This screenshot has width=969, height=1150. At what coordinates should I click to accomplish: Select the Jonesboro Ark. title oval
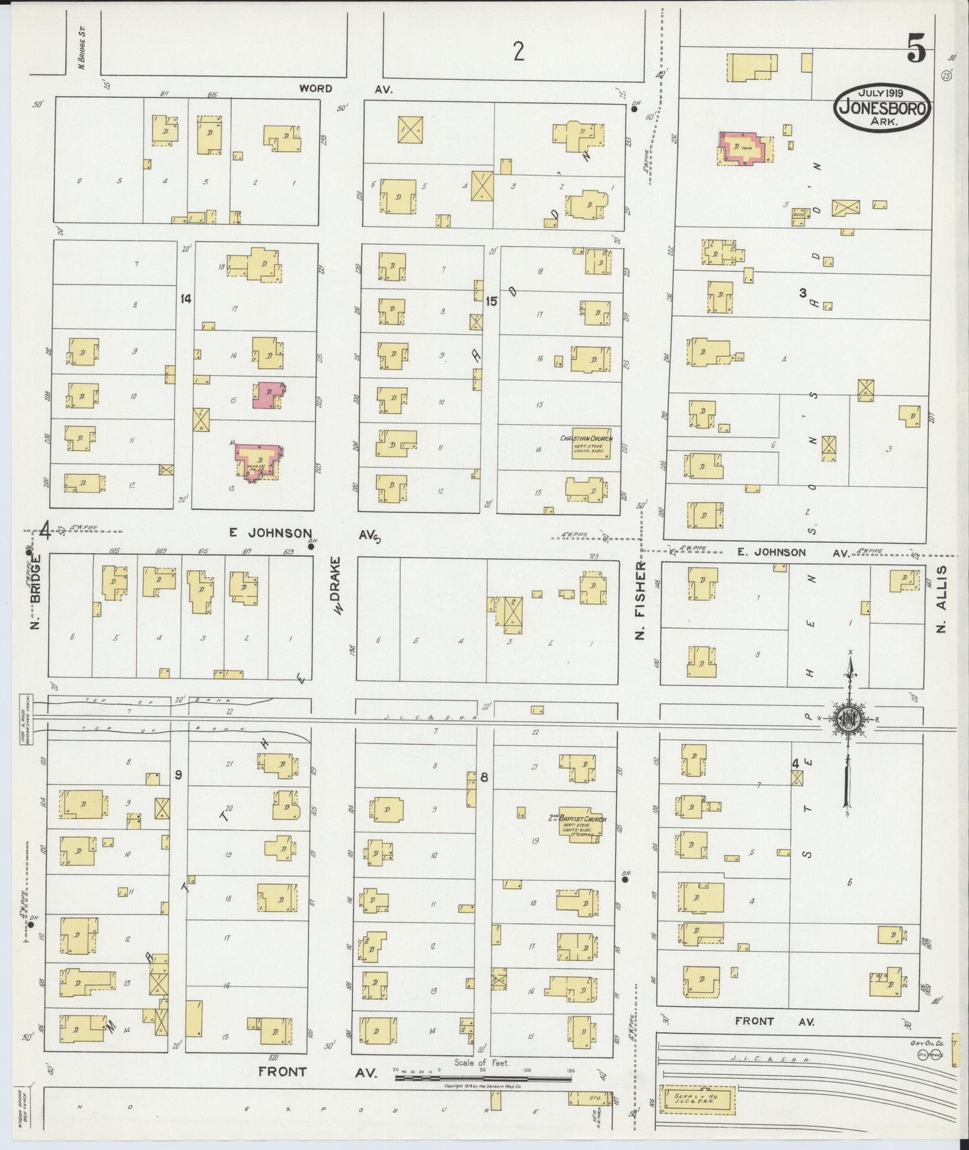882,105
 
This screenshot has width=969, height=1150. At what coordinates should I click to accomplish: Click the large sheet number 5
916,48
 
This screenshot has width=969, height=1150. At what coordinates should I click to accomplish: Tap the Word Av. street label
346,89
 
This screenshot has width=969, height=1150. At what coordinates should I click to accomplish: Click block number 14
186,299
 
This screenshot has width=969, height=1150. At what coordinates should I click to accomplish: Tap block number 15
491,301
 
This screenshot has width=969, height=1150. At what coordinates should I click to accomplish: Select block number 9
178,775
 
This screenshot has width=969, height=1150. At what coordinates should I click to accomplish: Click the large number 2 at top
518,51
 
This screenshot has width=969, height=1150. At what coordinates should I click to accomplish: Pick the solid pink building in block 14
268,395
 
